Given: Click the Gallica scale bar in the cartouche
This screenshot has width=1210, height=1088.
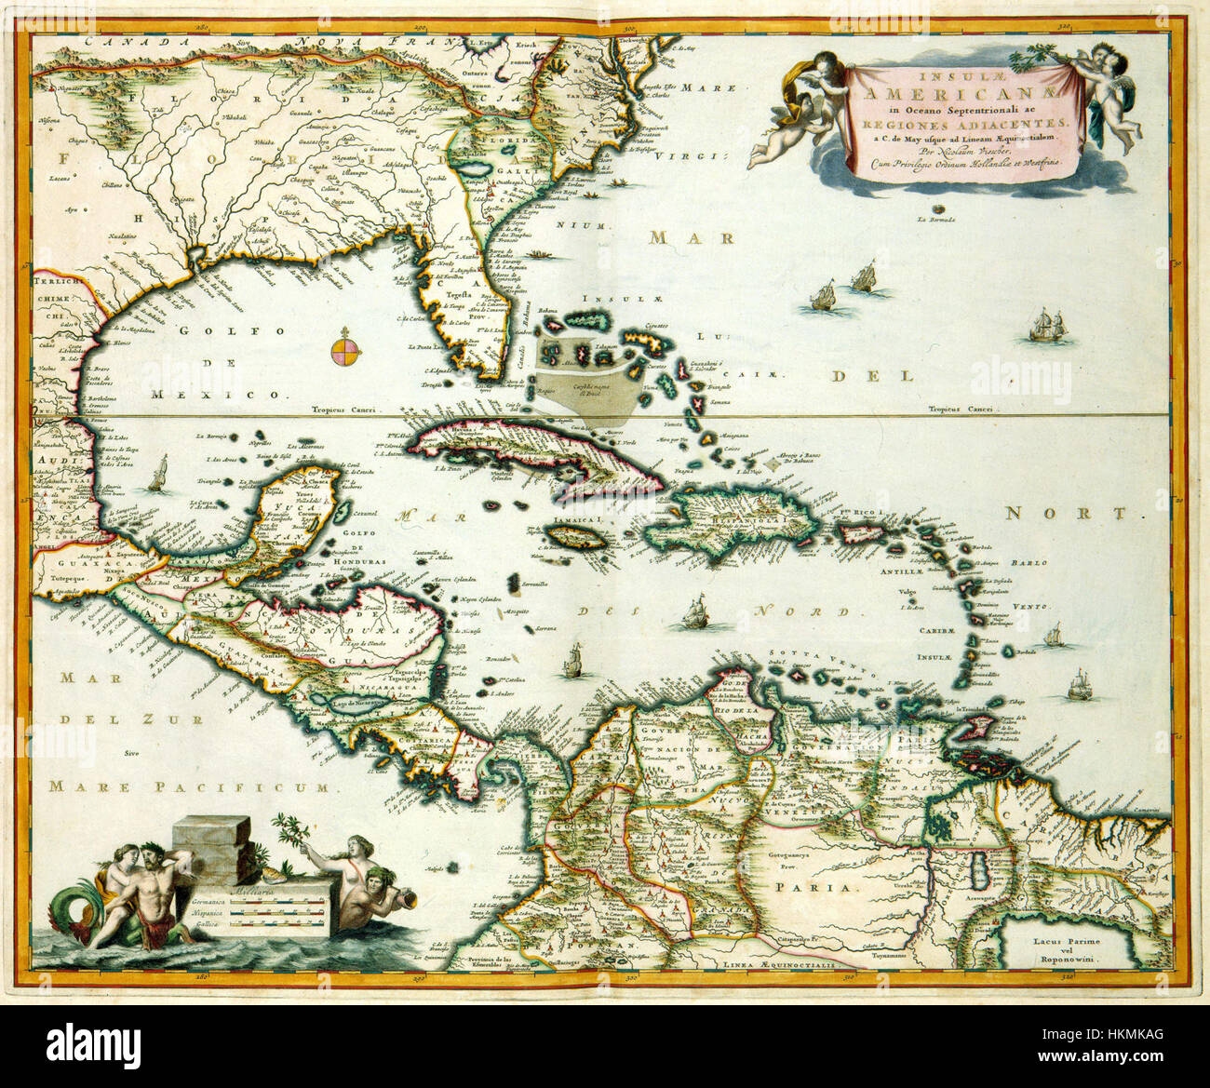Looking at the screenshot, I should [x=279, y=929].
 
